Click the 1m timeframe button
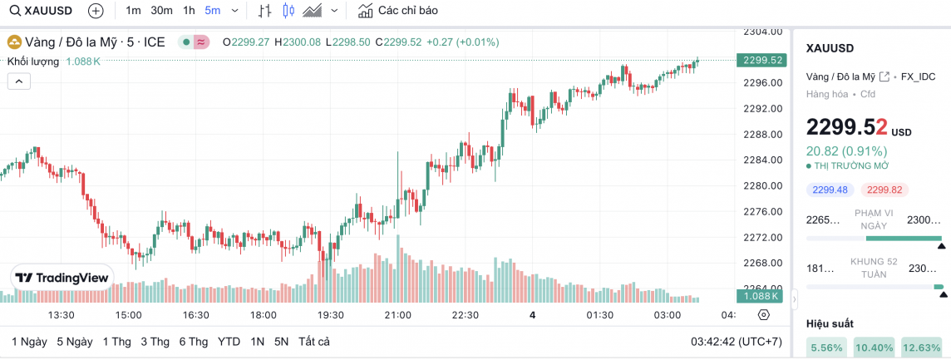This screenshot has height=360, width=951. pos(133,11)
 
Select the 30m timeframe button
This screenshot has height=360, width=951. pos(161,11)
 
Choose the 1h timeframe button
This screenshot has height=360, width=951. pos(189,11)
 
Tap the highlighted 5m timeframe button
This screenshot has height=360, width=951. pos(213,11)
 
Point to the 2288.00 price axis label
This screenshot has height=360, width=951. pos(761,134)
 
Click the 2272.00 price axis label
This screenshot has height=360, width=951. pos(761,238)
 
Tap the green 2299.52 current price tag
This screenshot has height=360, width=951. pos(761,60)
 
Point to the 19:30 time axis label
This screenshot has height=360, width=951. pos(331,315)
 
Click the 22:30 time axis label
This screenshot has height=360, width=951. pos(465,315)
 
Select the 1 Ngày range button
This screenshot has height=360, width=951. pos(29,342)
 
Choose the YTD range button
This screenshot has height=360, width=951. pos(229,342)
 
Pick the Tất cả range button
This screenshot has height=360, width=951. pos(314,342)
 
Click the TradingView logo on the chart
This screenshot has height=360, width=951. pos(62,278)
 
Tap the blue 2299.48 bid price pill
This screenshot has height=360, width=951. pos(830,190)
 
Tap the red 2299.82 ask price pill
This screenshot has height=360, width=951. pos(884,190)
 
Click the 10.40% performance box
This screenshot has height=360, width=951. pos(874,348)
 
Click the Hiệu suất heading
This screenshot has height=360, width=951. pos(830,323)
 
